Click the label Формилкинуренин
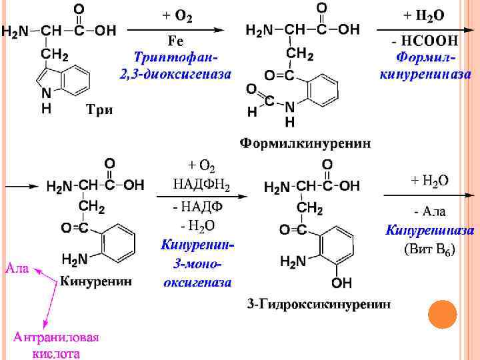(306, 143)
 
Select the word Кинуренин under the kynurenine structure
(96, 281)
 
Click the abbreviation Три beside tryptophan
(99, 110)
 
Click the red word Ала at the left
(17, 269)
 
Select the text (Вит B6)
(430, 250)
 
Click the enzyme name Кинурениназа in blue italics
(430, 231)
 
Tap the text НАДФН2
(201, 184)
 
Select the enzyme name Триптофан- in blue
(176, 58)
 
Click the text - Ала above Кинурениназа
(430, 212)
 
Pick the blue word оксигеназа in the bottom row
(198, 282)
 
